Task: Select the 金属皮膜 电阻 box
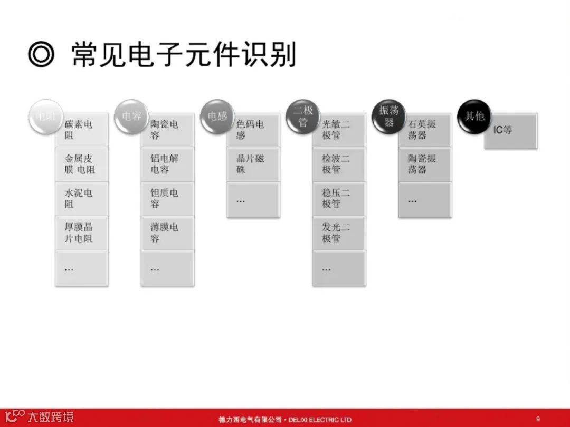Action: coord(82,164)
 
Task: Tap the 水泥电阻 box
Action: coord(82,199)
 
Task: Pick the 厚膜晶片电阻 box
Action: coord(82,233)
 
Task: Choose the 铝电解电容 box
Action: coord(167,164)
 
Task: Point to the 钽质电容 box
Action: coord(167,199)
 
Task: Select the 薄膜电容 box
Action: coord(167,233)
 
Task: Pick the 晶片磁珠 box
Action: coord(253,164)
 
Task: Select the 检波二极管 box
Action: coord(339,164)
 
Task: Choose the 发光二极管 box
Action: coord(339,233)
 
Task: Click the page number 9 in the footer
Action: coord(538,419)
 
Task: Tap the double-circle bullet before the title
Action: coord(42,55)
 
